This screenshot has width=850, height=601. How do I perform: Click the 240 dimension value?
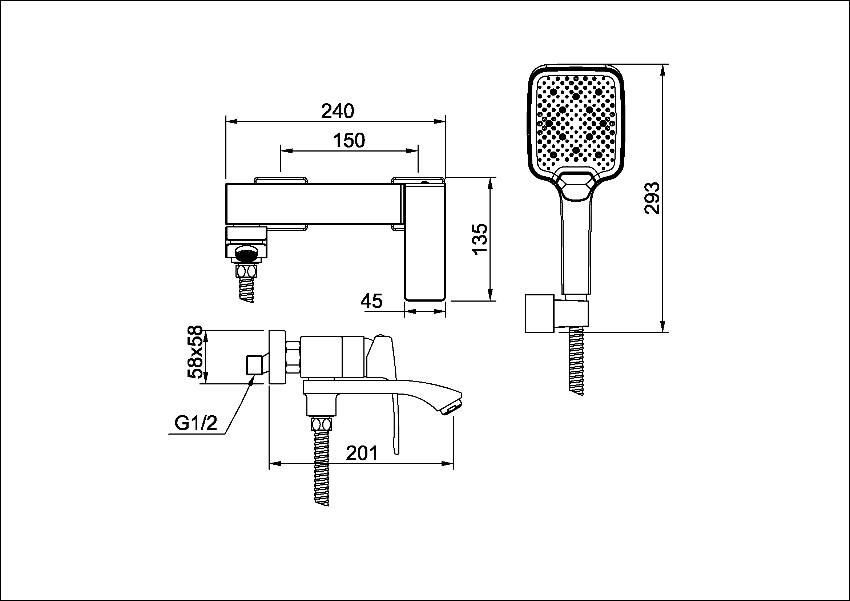338,111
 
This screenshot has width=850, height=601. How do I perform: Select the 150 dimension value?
349,141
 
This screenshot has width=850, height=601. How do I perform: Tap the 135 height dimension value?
480,239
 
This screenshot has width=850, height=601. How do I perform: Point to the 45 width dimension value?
371,301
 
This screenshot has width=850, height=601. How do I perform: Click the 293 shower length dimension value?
652,198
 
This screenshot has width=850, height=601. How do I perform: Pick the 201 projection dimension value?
362,453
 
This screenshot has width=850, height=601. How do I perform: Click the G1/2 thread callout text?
196,423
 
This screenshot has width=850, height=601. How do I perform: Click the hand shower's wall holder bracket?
556,314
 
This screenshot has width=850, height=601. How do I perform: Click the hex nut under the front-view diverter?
246,271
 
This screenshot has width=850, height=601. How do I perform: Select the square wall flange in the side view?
277,357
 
